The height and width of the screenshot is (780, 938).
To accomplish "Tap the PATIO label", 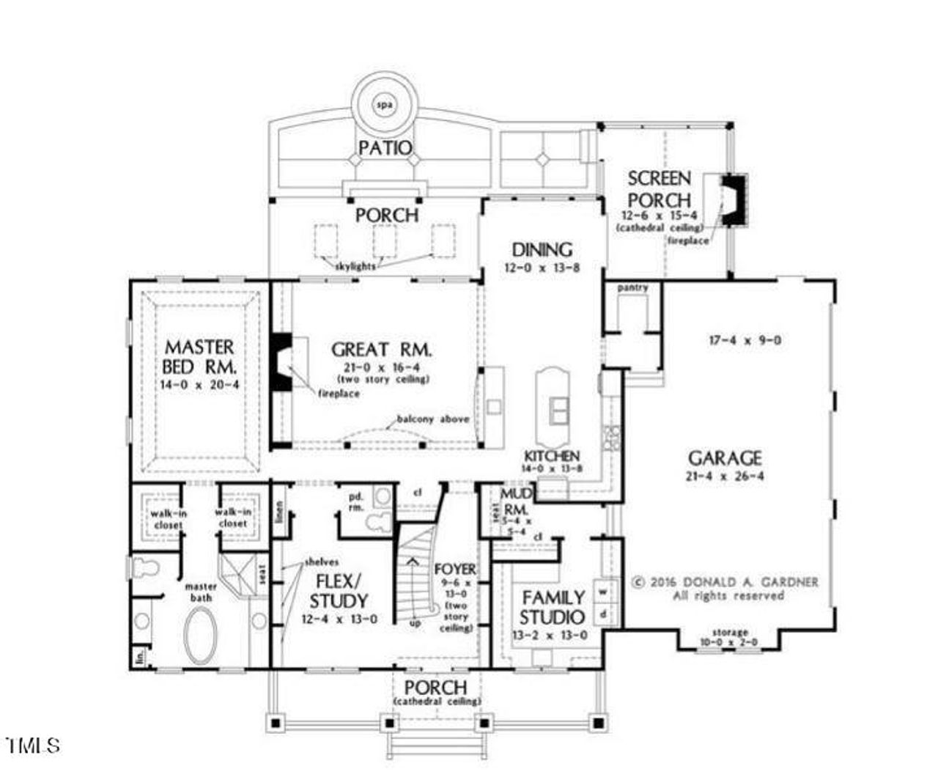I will point(385,147).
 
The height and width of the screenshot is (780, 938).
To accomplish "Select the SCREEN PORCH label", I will point(659,189).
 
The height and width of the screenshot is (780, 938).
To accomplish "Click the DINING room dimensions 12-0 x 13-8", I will point(542,268).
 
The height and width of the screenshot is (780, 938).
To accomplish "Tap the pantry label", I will point(632,288).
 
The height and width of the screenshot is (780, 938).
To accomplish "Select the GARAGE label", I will point(724,458).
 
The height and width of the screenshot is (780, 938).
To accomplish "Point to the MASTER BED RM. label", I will point(199,356).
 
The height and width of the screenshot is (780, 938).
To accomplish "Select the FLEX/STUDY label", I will point(338,591).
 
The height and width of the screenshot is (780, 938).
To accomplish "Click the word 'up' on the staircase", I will point(415,623).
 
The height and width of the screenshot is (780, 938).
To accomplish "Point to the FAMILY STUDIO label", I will point(553,607).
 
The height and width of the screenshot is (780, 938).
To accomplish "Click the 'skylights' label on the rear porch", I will point(355,266).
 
